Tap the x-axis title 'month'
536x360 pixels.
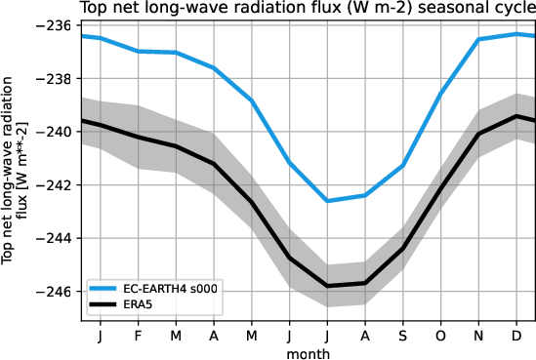(x=308, y=352)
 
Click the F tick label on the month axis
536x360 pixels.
(x=138, y=335)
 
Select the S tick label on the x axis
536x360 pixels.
(x=403, y=335)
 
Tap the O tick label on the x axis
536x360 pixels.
(x=440, y=335)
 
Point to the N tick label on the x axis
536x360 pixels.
(x=478, y=335)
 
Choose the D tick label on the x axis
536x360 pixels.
(x=516, y=335)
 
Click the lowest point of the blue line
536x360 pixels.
(x=327, y=201)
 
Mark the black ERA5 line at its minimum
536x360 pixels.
(x=327, y=286)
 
